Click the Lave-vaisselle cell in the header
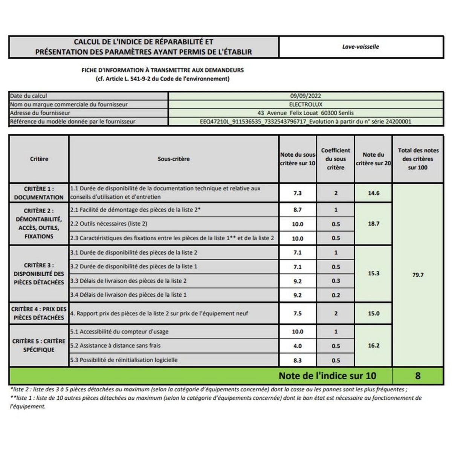[x=360, y=47]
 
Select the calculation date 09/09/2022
[x=305, y=96]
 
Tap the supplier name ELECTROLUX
[x=305, y=104]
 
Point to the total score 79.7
[x=418, y=275]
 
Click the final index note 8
[x=418, y=376]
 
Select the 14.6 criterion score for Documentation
[x=373, y=193]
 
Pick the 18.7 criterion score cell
[x=373, y=224]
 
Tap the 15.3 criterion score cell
[x=373, y=273]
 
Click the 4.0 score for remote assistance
[x=298, y=346]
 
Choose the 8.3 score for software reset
[x=298, y=360]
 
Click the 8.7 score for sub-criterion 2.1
[x=298, y=210]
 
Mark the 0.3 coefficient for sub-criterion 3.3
[x=336, y=281]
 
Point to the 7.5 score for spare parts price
[x=298, y=313]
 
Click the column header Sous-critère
[x=174, y=159]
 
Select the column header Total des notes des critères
[x=418, y=159]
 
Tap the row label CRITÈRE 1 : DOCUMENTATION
[x=39, y=193]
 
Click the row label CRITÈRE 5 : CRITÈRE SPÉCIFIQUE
[x=39, y=345]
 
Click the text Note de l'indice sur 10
[x=327, y=376]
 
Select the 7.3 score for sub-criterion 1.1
[x=298, y=193]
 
